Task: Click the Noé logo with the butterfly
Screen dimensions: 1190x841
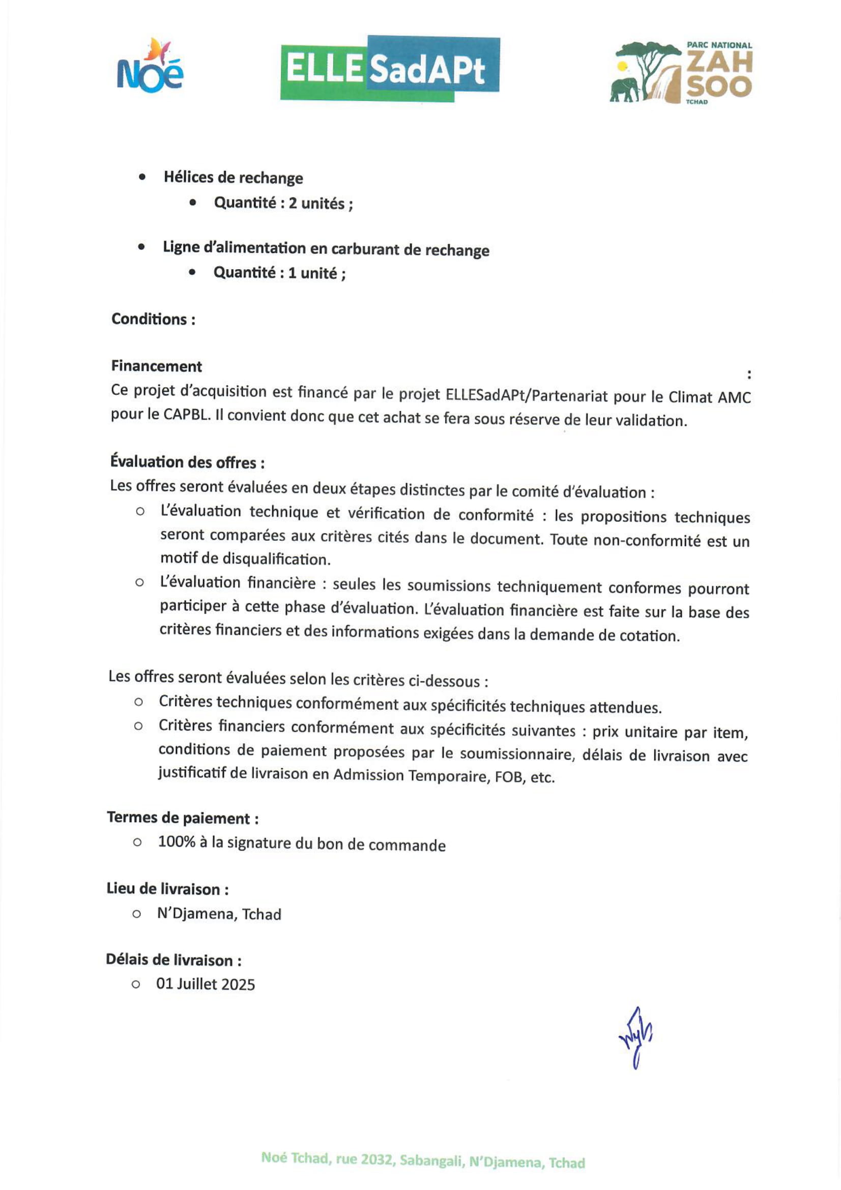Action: pyautogui.click(x=150, y=67)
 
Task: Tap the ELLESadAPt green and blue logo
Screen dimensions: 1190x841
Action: pyautogui.click(x=390, y=69)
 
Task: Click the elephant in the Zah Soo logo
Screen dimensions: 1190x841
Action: pyautogui.click(x=626, y=90)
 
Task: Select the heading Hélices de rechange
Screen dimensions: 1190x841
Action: pyautogui.click(x=233, y=178)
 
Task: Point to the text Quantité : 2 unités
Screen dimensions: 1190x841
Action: pyautogui.click(x=283, y=203)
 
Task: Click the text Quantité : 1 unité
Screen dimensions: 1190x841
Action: pyautogui.click(x=279, y=273)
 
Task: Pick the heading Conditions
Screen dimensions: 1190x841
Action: pyautogui.click(x=153, y=319)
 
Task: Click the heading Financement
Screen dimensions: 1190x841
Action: pyautogui.click(x=157, y=366)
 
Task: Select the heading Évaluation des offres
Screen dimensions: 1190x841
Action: pyautogui.click(x=187, y=462)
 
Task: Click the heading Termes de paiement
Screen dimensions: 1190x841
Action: pyautogui.click(x=183, y=818)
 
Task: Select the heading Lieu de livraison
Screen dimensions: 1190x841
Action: pyautogui.click(x=167, y=889)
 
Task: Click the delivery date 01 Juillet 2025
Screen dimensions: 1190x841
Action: pyautogui.click(x=206, y=984)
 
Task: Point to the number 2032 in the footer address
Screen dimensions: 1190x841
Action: pyautogui.click(x=376, y=1159)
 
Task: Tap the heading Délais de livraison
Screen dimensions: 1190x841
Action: pyautogui.click(x=173, y=960)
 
